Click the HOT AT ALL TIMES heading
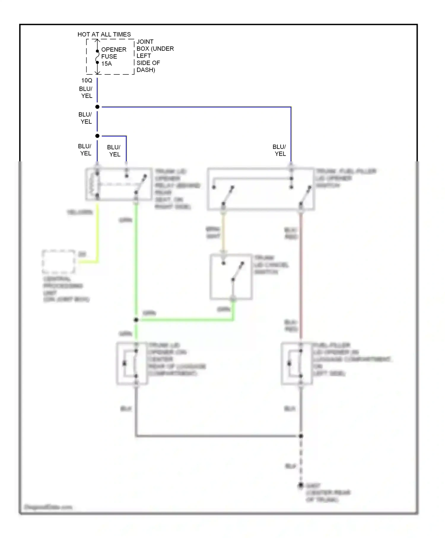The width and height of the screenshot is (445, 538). [104, 34]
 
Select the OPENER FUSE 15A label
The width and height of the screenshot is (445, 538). [114, 56]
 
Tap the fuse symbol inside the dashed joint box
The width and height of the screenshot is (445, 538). [97, 57]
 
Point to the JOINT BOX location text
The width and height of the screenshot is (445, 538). [155, 56]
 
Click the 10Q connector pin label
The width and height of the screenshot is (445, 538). [87, 80]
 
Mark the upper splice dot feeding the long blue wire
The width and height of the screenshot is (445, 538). [97, 107]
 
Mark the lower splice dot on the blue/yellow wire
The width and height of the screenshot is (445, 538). [97, 136]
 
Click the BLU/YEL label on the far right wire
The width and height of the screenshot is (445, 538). [279, 150]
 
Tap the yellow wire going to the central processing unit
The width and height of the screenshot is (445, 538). [97, 234]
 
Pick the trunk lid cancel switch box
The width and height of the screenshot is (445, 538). [231, 276]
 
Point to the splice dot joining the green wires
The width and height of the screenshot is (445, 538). [136, 320]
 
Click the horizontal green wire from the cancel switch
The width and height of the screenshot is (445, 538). [184, 320]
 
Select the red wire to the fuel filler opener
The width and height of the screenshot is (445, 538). [301, 276]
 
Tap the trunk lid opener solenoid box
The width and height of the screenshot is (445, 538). [132, 364]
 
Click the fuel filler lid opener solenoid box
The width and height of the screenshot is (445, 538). [297, 364]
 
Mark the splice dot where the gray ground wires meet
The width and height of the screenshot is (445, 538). [301, 436]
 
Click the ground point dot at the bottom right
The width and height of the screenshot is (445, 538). [301, 485]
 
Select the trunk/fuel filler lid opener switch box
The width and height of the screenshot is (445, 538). [260, 189]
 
